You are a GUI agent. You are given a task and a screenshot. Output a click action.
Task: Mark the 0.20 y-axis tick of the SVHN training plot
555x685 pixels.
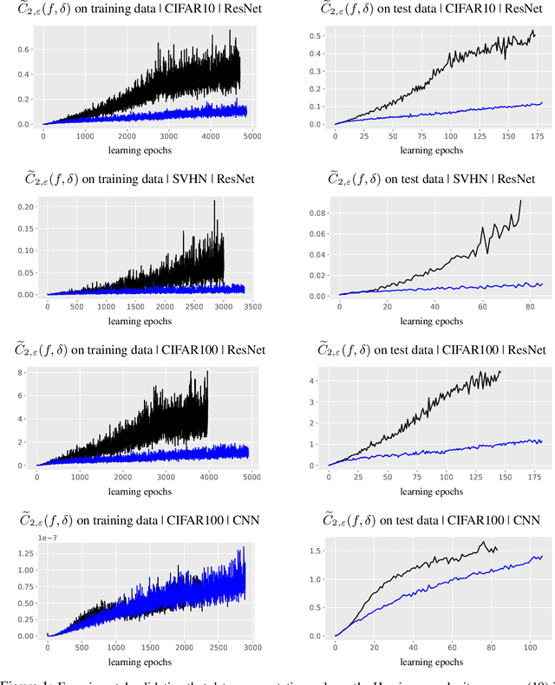click(x=25, y=206)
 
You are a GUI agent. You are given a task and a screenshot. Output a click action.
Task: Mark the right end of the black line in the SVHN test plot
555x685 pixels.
click(x=521, y=201)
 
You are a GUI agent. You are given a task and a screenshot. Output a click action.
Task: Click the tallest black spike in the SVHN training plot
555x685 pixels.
click(x=214, y=201)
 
